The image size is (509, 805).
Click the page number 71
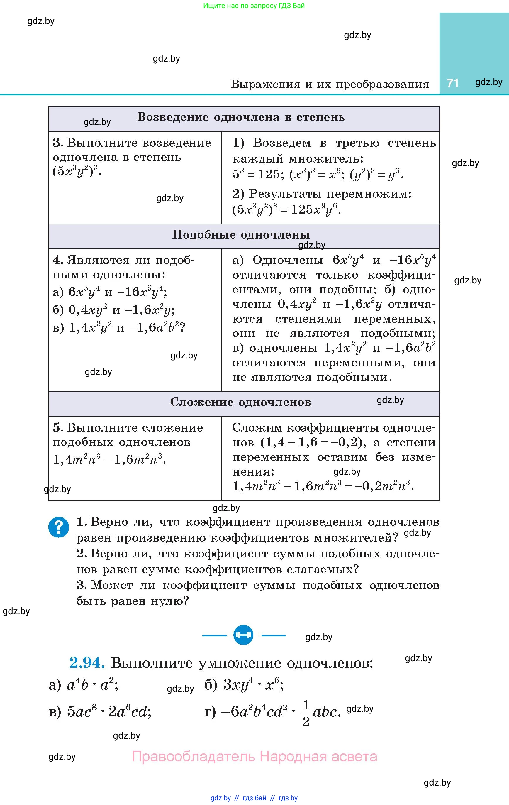452,83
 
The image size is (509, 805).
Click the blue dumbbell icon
243,635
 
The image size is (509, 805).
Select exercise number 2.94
87,663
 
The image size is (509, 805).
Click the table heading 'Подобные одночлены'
241,235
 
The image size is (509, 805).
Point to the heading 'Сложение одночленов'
241,402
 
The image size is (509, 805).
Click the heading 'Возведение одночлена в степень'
241,117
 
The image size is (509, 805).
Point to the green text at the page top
254,6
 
